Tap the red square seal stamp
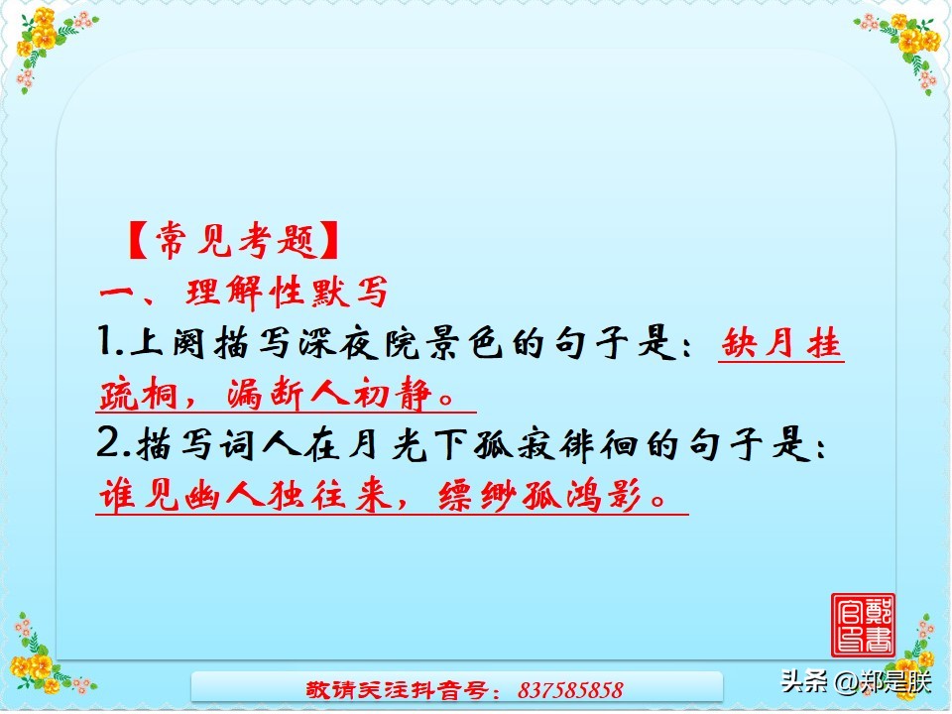[863, 624]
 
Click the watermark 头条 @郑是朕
[857, 682]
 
